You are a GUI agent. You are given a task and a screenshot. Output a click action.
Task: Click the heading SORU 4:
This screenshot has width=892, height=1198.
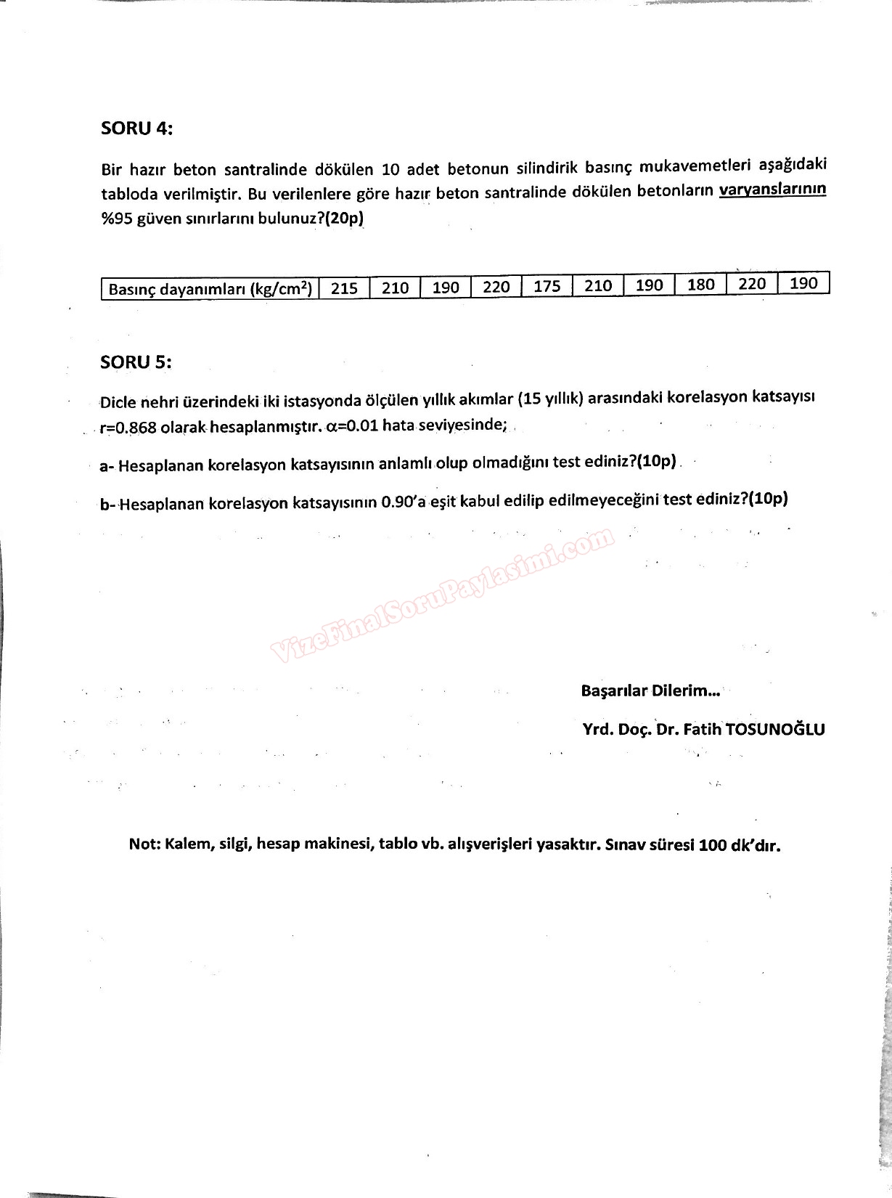pos(136,129)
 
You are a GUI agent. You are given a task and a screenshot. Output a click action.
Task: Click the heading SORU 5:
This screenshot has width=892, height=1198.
pos(136,362)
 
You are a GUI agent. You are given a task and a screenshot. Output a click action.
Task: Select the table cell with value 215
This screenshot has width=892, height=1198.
pos(344,288)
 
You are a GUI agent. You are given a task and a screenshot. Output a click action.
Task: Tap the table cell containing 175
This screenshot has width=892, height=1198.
pos(547,286)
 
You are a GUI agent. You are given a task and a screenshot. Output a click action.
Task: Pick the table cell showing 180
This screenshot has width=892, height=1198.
pos(700,284)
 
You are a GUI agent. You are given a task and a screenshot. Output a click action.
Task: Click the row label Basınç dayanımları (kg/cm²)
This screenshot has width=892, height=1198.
pos(210,289)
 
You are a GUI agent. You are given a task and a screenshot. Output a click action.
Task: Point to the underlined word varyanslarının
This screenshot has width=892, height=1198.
pos(772,190)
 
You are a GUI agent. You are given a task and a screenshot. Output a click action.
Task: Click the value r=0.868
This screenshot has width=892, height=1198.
pos(128,428)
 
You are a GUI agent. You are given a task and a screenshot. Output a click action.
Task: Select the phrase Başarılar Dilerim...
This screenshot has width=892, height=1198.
pos(650,690)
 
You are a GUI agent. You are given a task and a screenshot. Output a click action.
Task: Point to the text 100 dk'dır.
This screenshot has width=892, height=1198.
pos(740,845)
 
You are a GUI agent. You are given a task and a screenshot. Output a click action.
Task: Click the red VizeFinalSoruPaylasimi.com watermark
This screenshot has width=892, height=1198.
pos(443,595)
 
